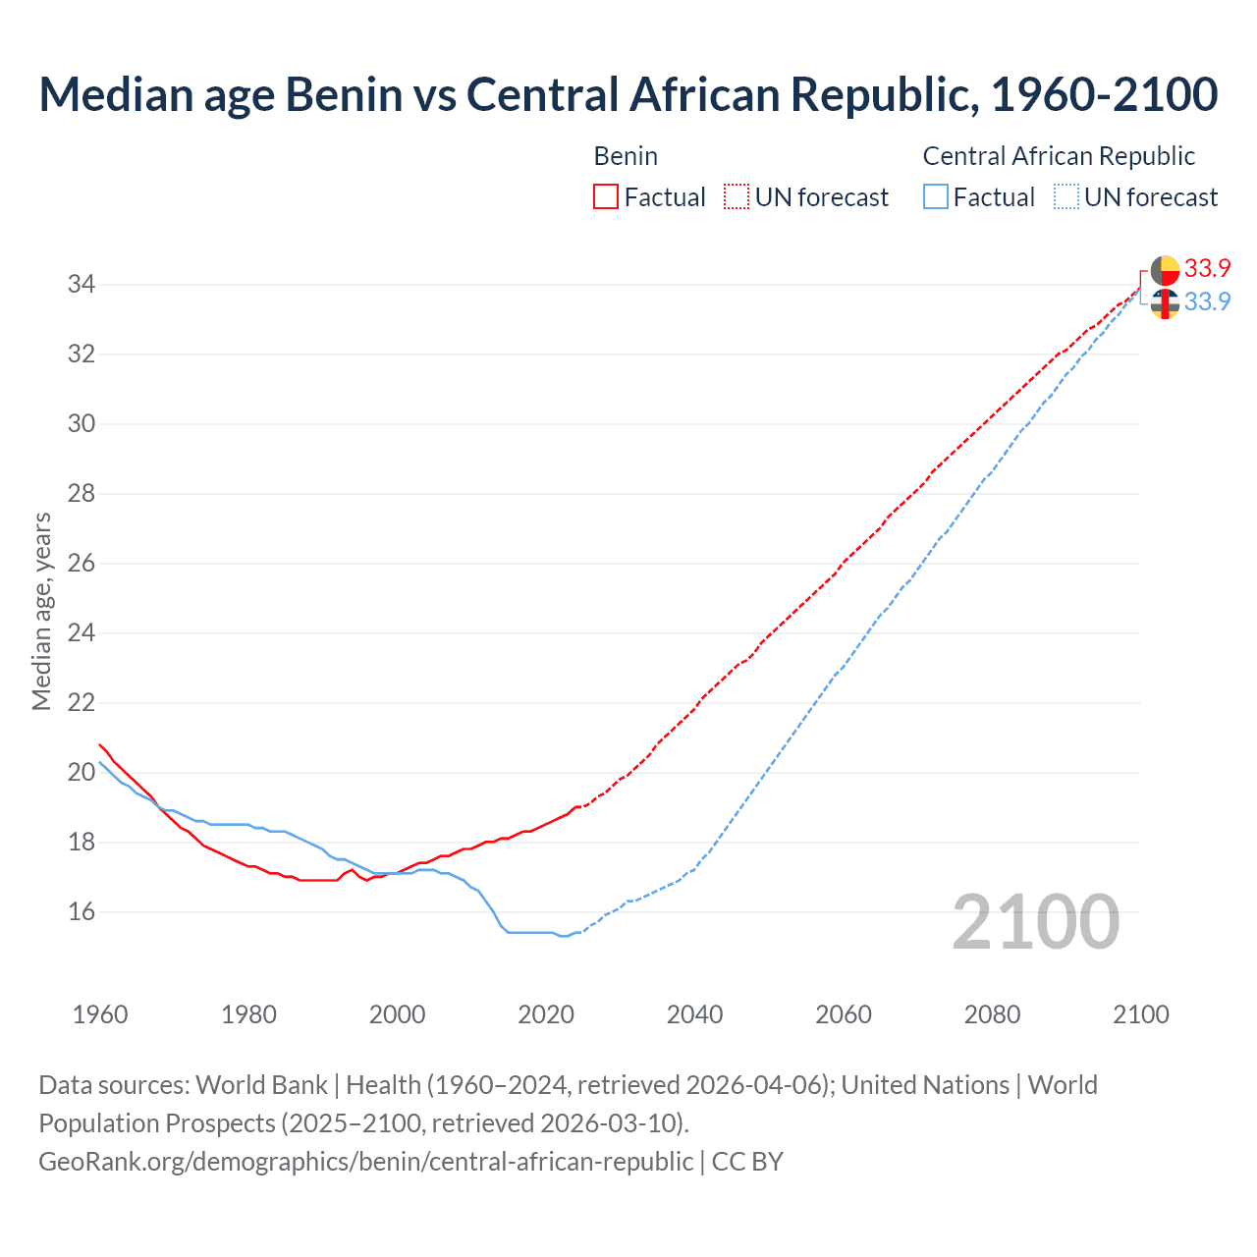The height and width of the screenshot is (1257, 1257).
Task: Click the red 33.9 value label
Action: click(x=1207, y=268)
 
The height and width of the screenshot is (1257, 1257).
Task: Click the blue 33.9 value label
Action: click(x=1207, y=301)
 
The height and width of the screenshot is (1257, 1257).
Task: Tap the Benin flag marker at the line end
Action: click(x=1165, y=270)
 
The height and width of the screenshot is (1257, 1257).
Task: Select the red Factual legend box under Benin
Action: click(x=606, y=196)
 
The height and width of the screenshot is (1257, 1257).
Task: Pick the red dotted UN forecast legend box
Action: click(x=737, y=196)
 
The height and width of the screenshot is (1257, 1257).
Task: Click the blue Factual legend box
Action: click(x=936, y=196)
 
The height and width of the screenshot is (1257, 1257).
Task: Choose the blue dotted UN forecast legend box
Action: click(x=1066, y=196)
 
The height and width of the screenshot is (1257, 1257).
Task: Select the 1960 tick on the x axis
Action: click(x=100, y=1014)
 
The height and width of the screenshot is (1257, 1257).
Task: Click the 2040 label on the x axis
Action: click(x=694, y=1014)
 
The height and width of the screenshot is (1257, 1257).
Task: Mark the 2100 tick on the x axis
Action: click(x=1140, y=1014)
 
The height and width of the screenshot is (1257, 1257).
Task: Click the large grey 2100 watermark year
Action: click(x=1036, y=921)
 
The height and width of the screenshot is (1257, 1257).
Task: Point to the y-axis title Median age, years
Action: click(x=41, y=611)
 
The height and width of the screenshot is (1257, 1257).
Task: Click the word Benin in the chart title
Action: click(x=344, y=94)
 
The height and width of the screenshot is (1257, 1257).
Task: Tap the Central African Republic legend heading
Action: click(x=1059, y=156)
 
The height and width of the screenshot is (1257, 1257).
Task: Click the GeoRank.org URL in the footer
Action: click(x=365, y=1162)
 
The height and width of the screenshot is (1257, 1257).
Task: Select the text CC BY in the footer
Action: click(x=747, y=1162)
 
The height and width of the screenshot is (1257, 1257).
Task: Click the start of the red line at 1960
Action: click(x=100, y=744)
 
